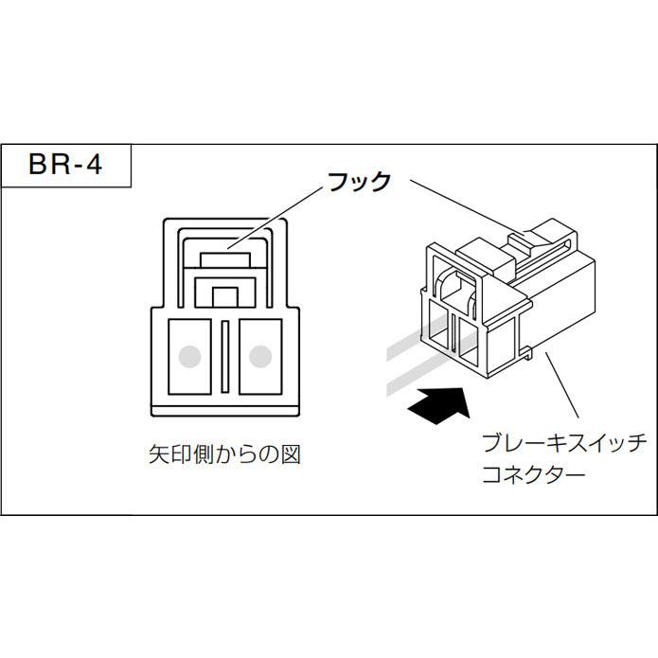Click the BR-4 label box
[x=64, y=167]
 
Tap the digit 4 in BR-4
[x=110, y=167]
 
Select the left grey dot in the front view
[x=191, y=356]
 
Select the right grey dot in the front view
[x=259, y=356]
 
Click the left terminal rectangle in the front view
[x=190, y=356]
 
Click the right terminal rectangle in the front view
[x=259, y=356]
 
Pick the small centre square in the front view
[x=225, y=295]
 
